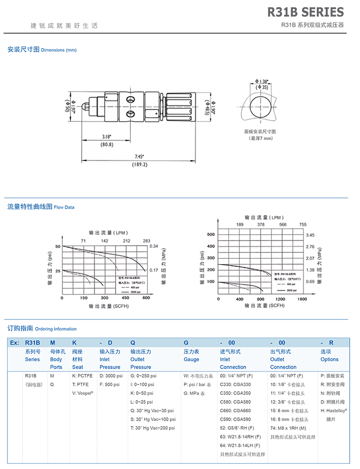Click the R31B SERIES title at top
pyautogui.click(x=305, y=12)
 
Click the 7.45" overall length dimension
pyautogui.click(x=139, y=157)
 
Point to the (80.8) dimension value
pyautogui.click(x=107, y=144)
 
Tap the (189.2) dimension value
pyautogui.click(x=139, y=165)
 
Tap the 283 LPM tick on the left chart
pyautogui.click(x=146, y=241)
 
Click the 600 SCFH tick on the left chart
pyautogui.click(x=146, y=298)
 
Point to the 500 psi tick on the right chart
pyautogui.click(x=210, y=234)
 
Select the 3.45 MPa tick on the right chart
pyautogui.click(x=310, y=234)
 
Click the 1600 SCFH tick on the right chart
pyautogui.click(x=302, y=299)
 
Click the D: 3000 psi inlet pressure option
pyautogui.click(x=111, y=376)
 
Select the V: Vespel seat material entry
pyautogui.click(x=83, y=393)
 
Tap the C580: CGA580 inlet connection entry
pyautogui.click(x=235, y=402)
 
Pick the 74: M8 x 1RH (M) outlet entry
pyautogui.click(x=288, y=428)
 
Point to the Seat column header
pyautogui.click(x=77, y=367)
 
